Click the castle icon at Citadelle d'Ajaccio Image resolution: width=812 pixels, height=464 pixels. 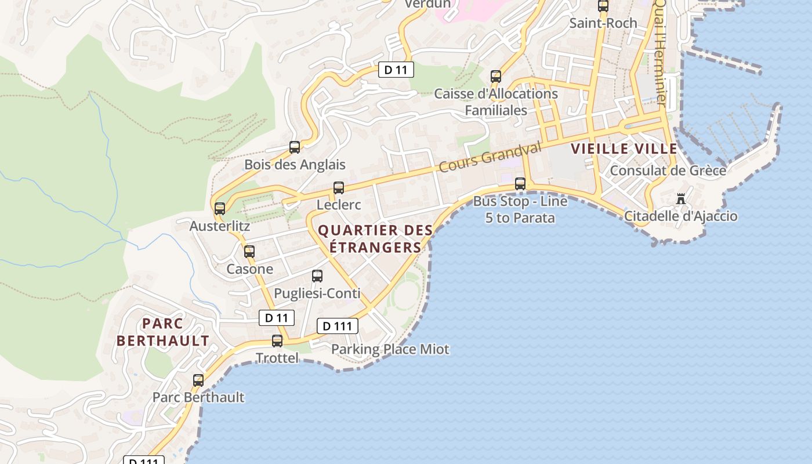point(681,199)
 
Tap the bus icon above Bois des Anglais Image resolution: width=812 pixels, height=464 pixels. point(295,147)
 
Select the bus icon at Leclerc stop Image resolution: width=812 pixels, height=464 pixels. point(339,188)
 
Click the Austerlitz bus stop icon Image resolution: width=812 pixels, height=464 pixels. point(220,209)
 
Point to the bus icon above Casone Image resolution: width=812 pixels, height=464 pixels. point(249,252)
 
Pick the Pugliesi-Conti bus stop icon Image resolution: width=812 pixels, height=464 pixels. point(317,276)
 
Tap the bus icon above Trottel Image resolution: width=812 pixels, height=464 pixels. point(277,341)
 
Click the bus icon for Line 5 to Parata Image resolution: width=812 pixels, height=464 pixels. point(520,184)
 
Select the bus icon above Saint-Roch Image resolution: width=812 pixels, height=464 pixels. point(603,6)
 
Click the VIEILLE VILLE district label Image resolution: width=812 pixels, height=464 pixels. point(624,149)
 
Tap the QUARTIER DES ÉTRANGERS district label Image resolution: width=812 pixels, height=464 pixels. point(375,238)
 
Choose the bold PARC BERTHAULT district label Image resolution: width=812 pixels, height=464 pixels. point(163,332)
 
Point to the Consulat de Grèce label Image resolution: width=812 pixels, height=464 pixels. point(668,171)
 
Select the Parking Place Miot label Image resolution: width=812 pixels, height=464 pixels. point(390,349)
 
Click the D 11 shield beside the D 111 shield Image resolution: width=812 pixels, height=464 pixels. point(277,318)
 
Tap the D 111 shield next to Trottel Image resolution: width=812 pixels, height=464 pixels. point(337,326)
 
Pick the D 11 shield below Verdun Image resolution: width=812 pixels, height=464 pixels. point(396,70)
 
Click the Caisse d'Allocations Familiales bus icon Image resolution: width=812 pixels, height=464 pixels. point(495,77)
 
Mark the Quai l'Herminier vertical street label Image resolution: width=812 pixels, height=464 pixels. point(660,52)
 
